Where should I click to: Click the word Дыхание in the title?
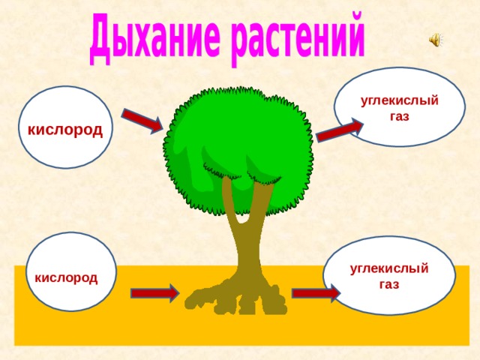click(x=154, y=39)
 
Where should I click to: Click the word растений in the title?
click(x=298, y=38)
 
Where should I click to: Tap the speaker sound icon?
click(x=435, y=40)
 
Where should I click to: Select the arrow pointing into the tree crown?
click(x=142, y=121)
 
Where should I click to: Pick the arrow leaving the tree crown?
click(x=340, y=130)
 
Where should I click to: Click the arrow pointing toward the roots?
click(x=154, y=293)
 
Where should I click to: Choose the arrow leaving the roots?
click(x=316, y=293)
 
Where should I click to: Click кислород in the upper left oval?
click(x=65, y=130)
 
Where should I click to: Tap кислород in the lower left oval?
click(x=66, y=278)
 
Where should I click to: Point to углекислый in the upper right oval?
click(x=400, y=100)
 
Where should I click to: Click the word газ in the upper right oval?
click(x=400, y=116)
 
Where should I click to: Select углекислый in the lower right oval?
click(x=389, y=268)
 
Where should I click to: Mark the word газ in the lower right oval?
click(x=389, y=284)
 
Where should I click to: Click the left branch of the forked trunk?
click(x=229, y=199)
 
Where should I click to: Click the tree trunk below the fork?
click(x=245, y=251)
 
